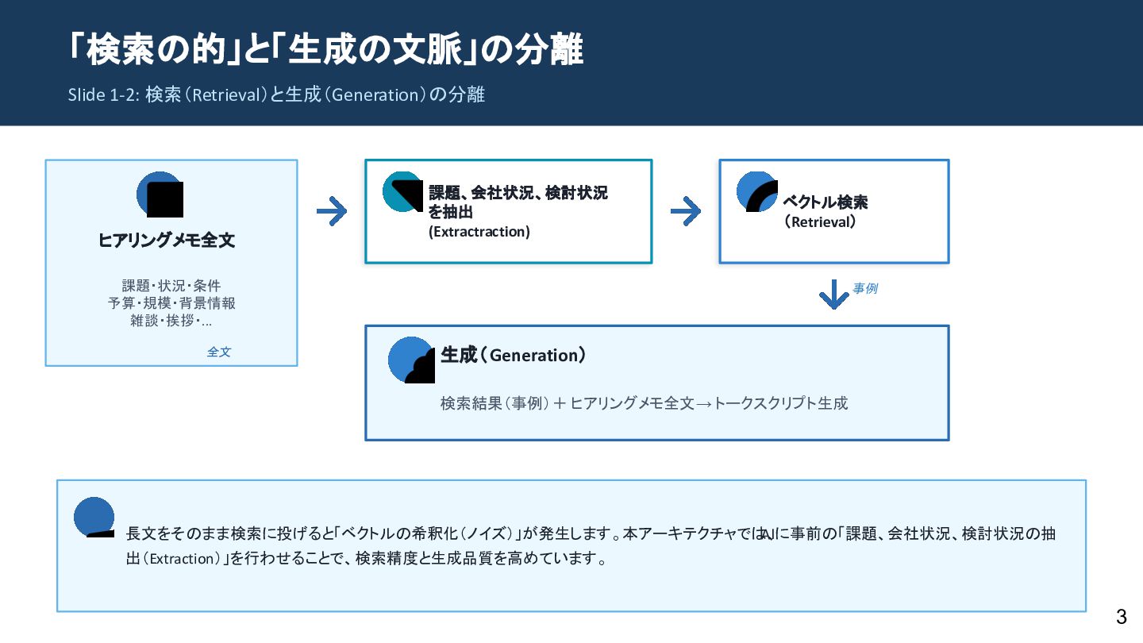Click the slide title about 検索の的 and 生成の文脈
[325, 50]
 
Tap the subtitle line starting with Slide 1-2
[276, 94]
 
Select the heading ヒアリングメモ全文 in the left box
[167, 241]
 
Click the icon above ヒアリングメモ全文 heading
[160, 194]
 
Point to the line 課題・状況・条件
[171, 286]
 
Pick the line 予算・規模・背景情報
[171, 303]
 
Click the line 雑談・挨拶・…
[171, 321]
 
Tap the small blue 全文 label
[219, 352]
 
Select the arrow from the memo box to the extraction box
[331, 211]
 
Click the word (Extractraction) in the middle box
[479, 232]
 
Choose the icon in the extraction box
[403, 192]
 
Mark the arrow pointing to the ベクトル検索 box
[685, 211]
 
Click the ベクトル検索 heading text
[825, 202]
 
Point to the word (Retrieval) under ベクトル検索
[820, 222]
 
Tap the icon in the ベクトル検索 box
[757, 192]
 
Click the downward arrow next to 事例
[833, 295]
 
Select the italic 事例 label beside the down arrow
[865, 288]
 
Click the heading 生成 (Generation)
[514, 355]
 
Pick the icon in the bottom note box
[94, 518]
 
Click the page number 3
[1121, 617]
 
